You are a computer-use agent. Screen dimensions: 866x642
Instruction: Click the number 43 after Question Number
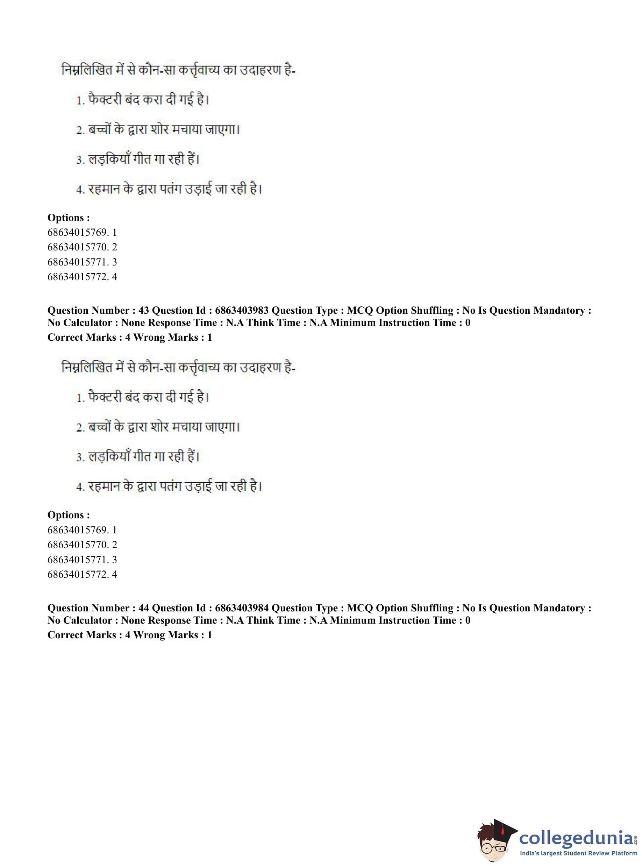143,310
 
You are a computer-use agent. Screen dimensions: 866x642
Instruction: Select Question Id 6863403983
241,310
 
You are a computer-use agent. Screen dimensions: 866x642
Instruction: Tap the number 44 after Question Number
143,608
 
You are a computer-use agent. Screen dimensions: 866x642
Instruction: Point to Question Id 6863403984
241,608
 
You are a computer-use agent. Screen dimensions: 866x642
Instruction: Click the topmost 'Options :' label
69,218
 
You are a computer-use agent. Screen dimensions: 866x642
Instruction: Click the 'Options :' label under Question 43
69,515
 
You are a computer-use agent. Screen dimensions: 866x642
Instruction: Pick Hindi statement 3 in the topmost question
138,159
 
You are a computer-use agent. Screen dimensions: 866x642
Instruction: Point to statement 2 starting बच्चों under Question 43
158,427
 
